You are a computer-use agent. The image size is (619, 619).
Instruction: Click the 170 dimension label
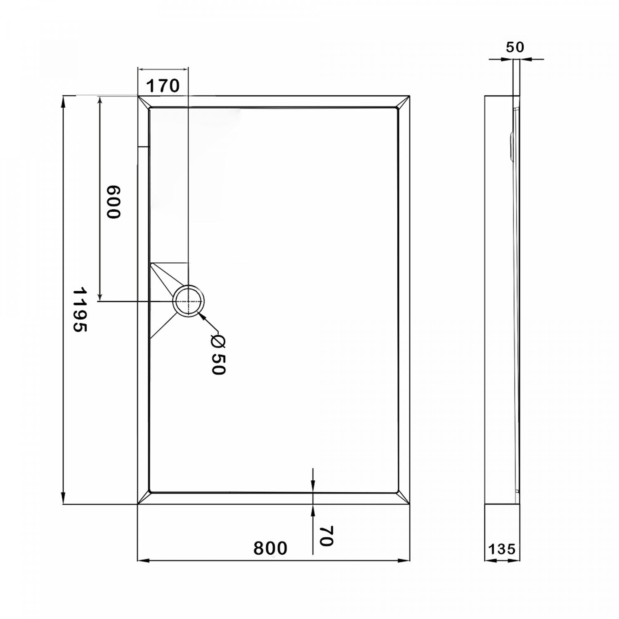163,86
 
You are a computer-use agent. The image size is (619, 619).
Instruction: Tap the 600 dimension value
113,202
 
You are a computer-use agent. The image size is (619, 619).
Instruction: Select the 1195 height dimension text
80,309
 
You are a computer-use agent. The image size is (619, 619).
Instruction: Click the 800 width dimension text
270,548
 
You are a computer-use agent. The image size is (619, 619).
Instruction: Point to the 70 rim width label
326,536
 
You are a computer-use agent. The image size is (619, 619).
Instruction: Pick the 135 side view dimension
502,549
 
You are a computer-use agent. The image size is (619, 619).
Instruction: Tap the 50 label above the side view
515,47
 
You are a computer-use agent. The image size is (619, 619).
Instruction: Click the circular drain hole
188,301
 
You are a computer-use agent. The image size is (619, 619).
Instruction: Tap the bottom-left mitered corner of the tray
143,498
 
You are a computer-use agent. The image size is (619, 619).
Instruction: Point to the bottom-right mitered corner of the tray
404,498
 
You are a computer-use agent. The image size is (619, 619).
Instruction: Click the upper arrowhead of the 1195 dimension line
63,102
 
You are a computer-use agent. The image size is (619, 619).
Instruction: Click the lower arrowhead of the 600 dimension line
99,296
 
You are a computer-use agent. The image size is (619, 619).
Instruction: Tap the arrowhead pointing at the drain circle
202,316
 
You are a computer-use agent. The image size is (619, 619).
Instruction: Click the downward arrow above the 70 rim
313,487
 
